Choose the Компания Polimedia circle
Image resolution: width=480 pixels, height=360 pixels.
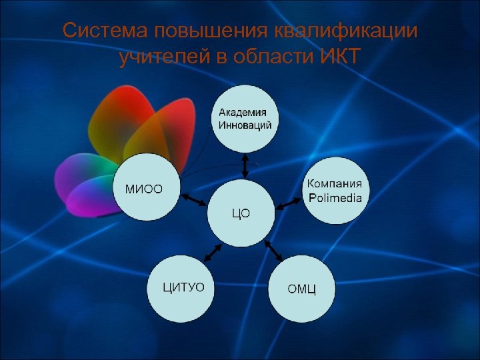[336, 190]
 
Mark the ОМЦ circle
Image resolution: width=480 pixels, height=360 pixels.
[301, 289]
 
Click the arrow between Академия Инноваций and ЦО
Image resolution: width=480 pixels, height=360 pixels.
[245, 165]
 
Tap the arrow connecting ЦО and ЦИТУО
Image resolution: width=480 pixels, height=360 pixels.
[212, 253]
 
